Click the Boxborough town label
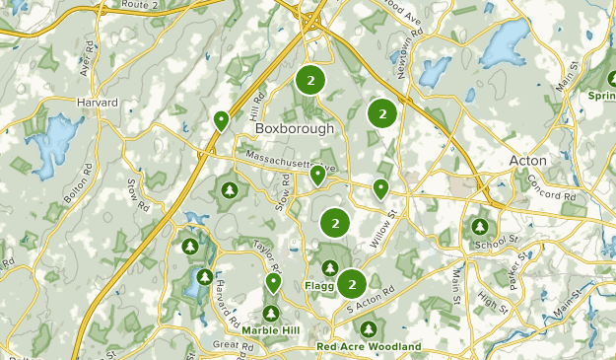tap(295, 128)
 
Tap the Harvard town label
tap(98, 103)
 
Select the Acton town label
tap(527, 160)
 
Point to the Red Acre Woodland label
tap(369, 347)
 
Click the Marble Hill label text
tap(271, 329)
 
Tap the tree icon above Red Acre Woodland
tap(369, 328)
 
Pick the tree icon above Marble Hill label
tap(271, 312)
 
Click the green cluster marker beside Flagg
tap(351, 284)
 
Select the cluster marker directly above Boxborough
tap(310, 81)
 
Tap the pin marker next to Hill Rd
tap(222, 121)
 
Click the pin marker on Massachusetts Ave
tap(317, 176)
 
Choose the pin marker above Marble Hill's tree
tap(273, 283)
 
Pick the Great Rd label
tap(234, 345)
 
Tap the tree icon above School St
tap(481, 226)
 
